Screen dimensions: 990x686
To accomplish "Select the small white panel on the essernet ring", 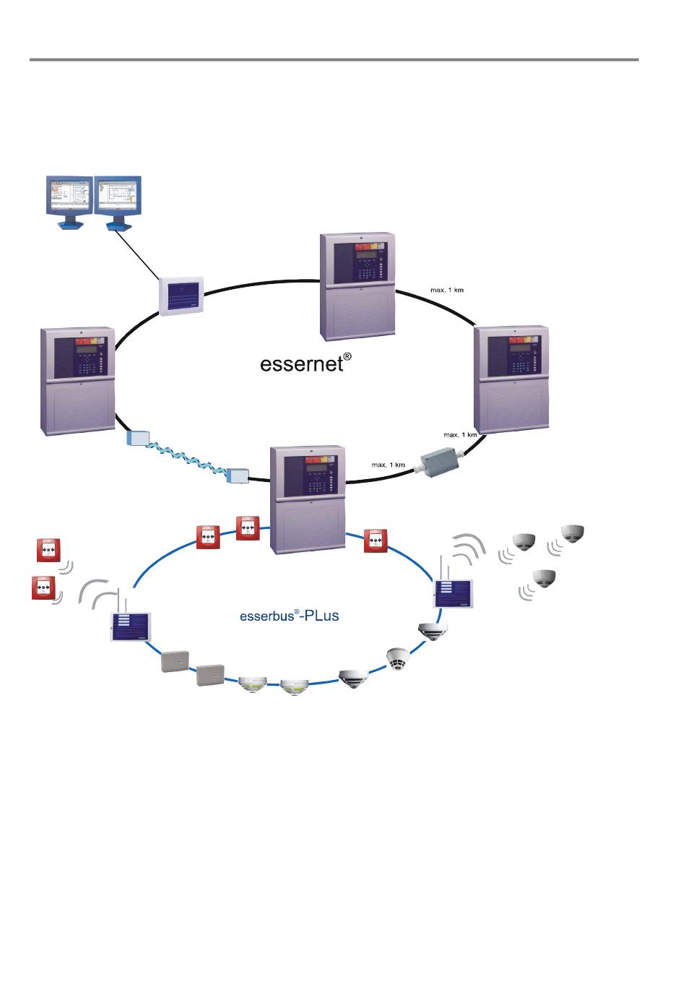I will click(x=181, y=296).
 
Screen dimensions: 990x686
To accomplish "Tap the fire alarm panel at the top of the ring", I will click(x=357, y=286).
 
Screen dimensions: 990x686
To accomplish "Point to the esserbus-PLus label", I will click(x=289, y=617).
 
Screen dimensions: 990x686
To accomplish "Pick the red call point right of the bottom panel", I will click(x=375, y=541).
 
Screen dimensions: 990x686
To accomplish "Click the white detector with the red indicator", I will click(x=397, y=658).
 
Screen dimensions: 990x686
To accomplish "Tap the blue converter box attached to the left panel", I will click(x=136, y=438).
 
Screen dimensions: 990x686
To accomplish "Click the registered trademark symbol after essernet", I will click(x=347, y=356).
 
